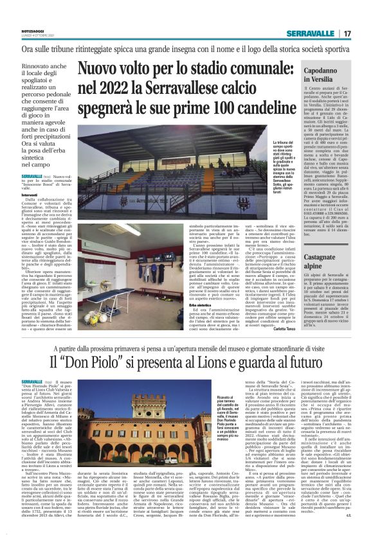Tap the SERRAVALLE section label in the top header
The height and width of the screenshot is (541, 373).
pos(316,33)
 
